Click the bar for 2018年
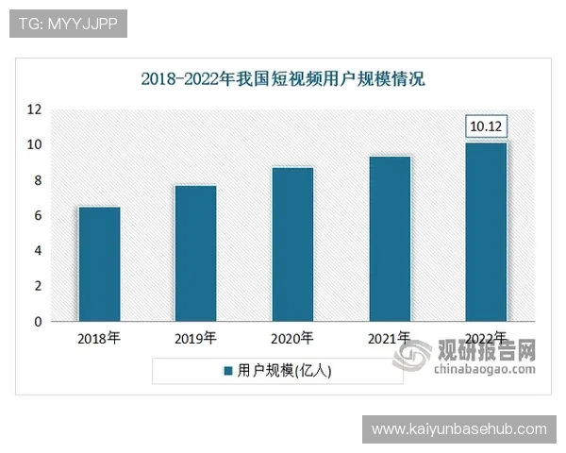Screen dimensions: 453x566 (98, 264)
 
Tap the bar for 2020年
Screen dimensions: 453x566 (292, 244)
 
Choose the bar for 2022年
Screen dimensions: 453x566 (487, 232)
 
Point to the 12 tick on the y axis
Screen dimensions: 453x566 (34, 109)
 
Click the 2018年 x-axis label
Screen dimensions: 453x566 (98, 337)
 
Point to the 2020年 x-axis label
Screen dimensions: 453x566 (292, 337)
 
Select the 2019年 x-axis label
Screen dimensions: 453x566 (195, 337)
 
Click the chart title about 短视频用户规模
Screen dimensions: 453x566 (283, 78)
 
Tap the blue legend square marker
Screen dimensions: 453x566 (227, 371)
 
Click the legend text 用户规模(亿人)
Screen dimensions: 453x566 (285, 371)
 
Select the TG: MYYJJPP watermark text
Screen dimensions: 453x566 (68, 24)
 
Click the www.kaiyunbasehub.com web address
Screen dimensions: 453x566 (459, 429)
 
